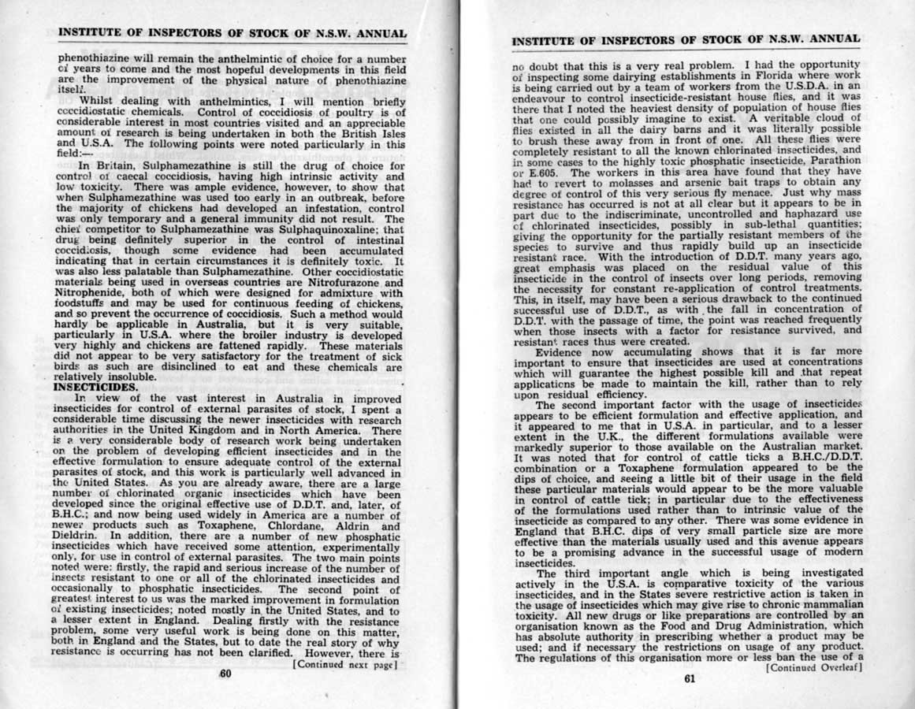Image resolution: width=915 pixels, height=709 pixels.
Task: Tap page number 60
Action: click(225, 674)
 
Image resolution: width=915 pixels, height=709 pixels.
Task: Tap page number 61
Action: click(688, 681)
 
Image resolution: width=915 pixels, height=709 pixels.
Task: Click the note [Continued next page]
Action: click(344, 664)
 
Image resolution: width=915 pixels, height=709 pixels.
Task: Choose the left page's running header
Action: click(232, 34)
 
